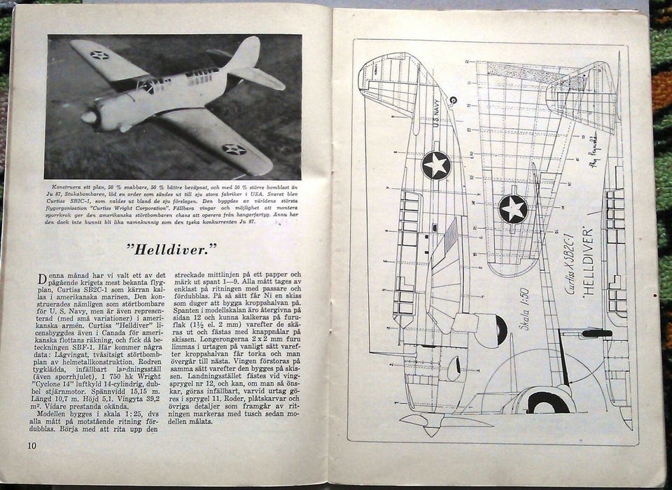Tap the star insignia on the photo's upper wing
click(99, 55)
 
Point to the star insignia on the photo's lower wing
click(234, 149)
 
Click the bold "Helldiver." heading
click(172, 247)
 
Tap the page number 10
click(32, 445)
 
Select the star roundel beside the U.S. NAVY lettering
click(436, 165)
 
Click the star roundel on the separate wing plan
click(513, 209)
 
